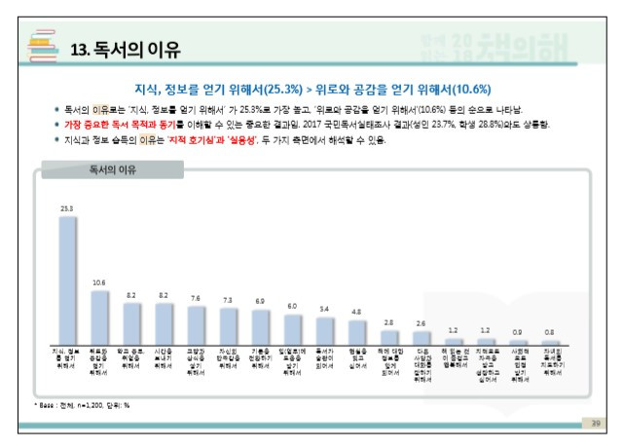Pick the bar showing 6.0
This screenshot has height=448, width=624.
tap(292, 325)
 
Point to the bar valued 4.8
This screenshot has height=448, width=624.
tap(356, 328)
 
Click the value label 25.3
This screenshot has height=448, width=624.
tap(66, 207)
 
